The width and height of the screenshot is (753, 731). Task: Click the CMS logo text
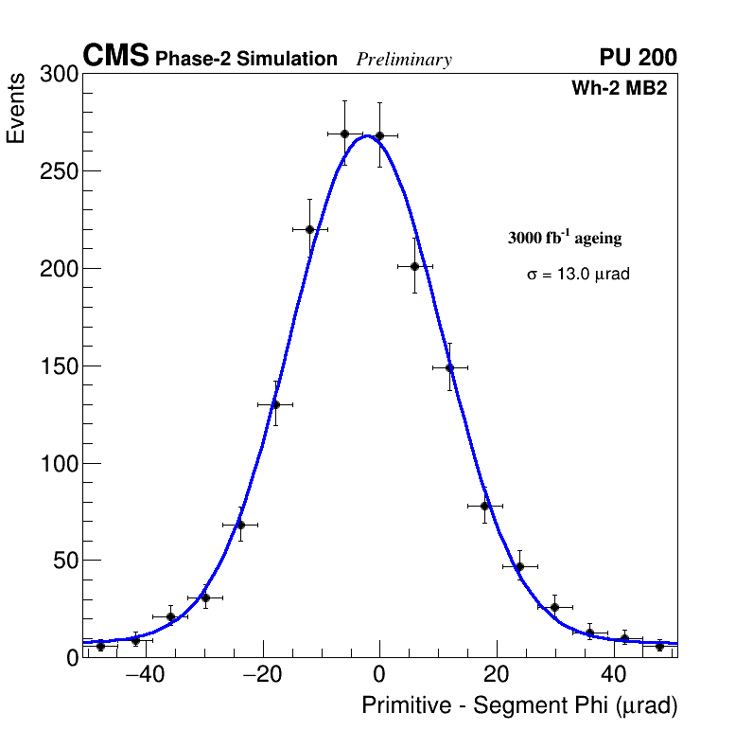coord(115,57)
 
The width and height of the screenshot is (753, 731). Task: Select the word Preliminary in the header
coord(404,60)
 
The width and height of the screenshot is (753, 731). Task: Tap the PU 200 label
coord(638,58)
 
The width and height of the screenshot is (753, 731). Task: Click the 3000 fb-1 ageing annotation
coord(565,238)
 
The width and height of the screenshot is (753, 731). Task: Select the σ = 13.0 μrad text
coord(578,275)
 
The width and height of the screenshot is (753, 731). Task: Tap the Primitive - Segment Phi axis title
coord(519,705)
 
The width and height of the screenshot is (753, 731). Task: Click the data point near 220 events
coord(309,229)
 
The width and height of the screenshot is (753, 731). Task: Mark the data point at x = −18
coord(275,404)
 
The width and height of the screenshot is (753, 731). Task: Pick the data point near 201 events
coord(414,266)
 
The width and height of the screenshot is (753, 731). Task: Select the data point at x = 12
coord(449,367)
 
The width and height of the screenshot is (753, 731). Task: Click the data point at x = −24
coord(240,525)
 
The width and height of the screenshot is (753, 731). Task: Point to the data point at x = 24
coord(519,566)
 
